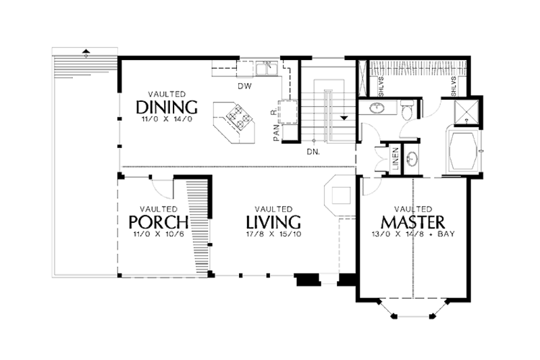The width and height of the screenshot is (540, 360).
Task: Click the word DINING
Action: click(166, 107)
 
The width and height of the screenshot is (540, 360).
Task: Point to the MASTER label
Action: click(412, 222)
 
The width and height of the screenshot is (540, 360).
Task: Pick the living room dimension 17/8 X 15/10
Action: click(273, 234)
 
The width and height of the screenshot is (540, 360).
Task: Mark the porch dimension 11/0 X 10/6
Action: click(158, 234)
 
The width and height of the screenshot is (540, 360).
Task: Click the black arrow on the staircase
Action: click(344, 117)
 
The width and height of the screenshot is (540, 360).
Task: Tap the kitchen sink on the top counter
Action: click(264, 68)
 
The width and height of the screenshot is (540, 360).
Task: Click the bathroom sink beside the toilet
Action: click(373, 109)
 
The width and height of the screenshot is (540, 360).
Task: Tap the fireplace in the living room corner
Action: click(339, 194)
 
